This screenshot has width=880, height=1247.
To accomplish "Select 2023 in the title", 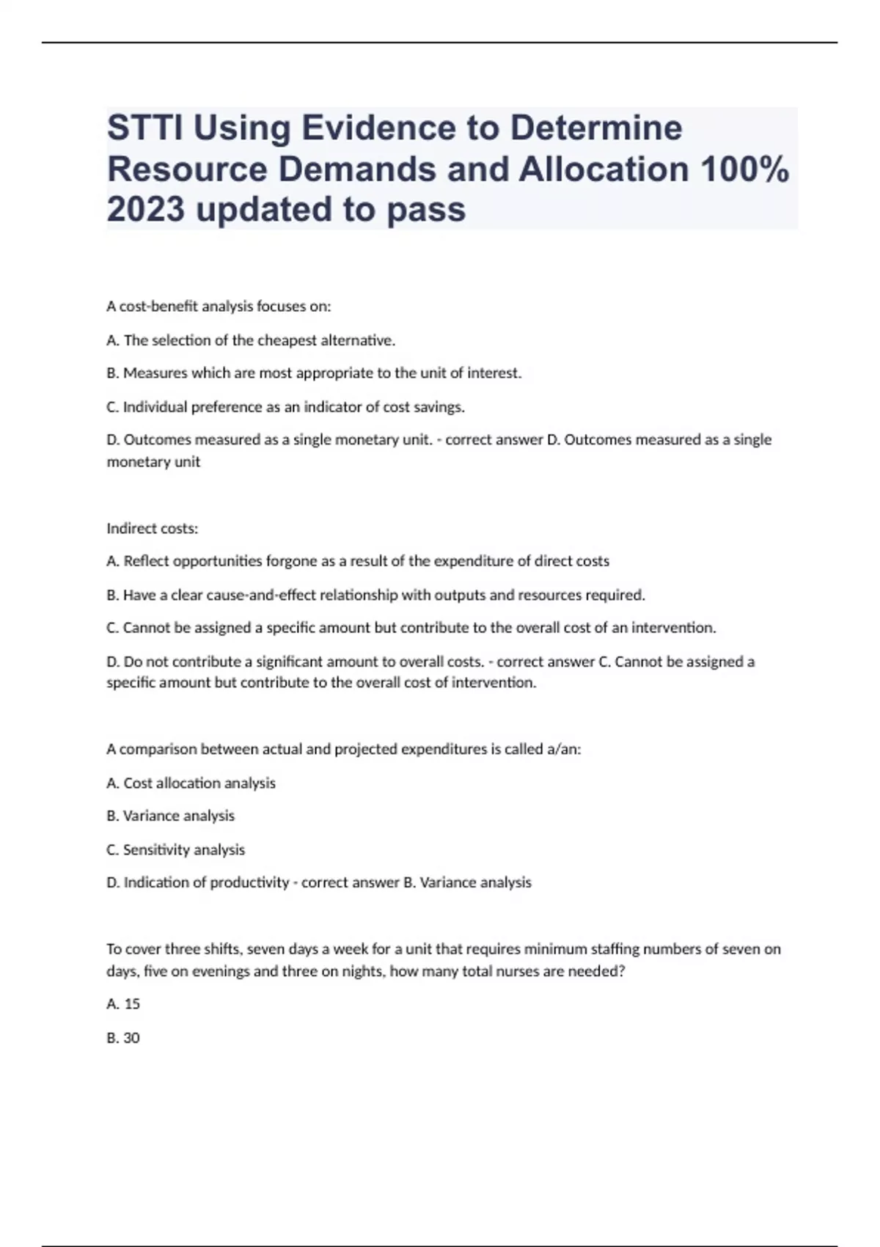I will pos(145,210).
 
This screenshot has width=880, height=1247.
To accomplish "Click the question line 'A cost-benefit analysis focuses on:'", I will pos(219,307).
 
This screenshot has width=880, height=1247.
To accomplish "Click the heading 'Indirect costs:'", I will pos(153,528).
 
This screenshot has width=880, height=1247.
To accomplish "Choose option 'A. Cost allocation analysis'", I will pos(191,783).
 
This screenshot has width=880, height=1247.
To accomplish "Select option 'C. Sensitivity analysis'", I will pos(175,849).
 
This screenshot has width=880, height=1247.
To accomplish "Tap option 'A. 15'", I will pos(123,1003).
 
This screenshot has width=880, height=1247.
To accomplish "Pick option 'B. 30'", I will pos(123,1038).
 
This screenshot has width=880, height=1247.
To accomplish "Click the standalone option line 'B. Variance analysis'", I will pos(170,816).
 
